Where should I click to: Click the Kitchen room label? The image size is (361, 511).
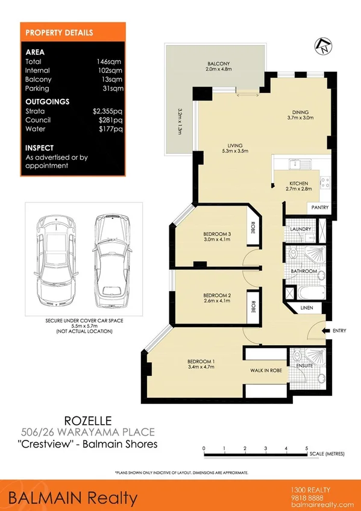click(x=299, y=183)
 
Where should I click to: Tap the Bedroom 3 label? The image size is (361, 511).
click(x=216, y=234)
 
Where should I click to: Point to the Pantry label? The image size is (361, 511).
click(x=319, y=207)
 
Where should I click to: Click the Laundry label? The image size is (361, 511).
click(x=300, y=229)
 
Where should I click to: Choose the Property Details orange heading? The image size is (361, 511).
click(x=59, y=33)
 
